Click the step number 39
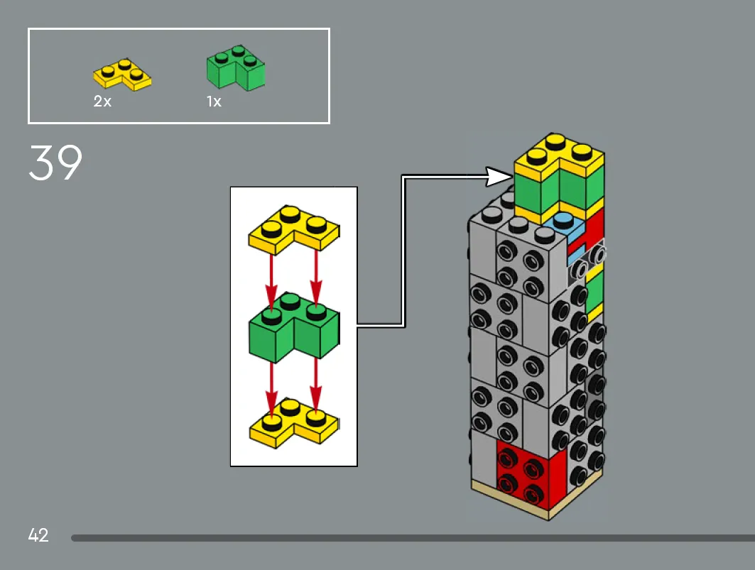coord(55,163)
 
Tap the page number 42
coord(38,535)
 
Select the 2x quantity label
coord(102,101)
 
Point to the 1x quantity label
coord(214,101)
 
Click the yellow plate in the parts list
coord(122,75)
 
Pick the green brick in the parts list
coord(236,68)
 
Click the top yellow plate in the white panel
coord(294,230)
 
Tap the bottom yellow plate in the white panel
coord(294,424)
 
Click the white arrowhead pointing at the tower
coord(499,177)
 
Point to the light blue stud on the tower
coord(563,221)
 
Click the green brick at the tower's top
coord(558,190)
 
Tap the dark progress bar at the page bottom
coord(413,538)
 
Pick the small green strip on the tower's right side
coord(594,291)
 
